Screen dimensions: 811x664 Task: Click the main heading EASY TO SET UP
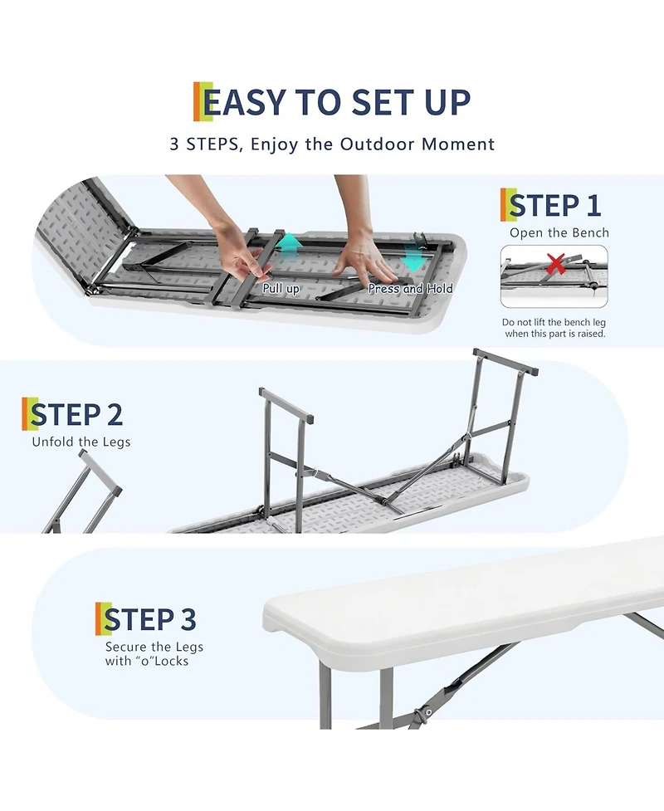(332, 102)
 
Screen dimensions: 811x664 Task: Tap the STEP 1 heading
(554, 205)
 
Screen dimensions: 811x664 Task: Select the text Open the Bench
(559, 233)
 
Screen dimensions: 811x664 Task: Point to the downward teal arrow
(413, 261)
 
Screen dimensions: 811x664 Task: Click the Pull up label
(281, 289)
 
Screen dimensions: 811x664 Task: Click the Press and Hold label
(410, 289)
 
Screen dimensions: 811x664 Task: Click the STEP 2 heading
(76, 414)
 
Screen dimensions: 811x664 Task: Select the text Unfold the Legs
(81, 442)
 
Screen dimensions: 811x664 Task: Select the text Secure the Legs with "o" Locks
(154, 654)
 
